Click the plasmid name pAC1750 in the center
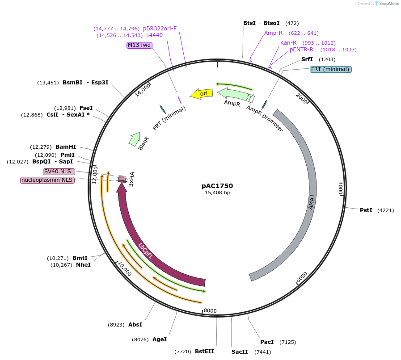pos(217,186)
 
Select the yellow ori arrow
pos(201,93)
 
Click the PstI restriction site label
pos(366,210)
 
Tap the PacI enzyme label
pos(267,342)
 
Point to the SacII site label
pos(240,352)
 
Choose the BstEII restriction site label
pos(204,352)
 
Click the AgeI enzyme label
pos(160,339)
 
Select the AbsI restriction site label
pos(135,325)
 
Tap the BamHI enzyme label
pos(66,147)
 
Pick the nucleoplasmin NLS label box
pos(47,180)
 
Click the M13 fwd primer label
pos(139,45)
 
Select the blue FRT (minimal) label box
pos(331,69)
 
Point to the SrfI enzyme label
pos(307,59)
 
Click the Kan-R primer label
pos(288,43)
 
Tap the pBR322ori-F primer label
pos(160,29)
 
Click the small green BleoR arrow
pos(134,139)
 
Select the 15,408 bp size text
pos(217,193)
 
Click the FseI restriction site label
pos(86,108)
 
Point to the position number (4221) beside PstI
pos(386,210)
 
